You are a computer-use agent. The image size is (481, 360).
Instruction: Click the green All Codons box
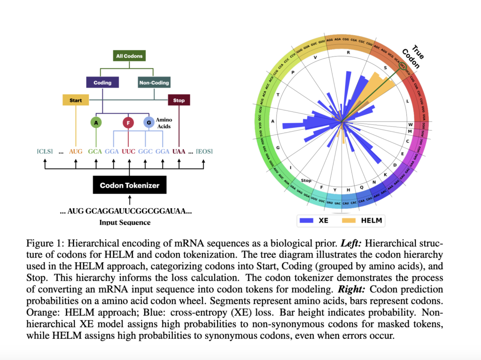(x=129, y=56)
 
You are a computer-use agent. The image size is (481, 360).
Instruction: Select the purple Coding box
(x=102, y=82)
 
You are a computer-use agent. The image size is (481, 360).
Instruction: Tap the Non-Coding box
(x=154, y=82)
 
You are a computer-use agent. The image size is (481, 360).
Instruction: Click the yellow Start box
(x=76, y=100)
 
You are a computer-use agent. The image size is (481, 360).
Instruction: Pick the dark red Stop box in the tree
(x=179, y=100)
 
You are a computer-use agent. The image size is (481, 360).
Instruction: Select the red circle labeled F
(x=128, y=123)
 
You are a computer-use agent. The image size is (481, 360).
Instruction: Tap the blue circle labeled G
(x=149, y=123)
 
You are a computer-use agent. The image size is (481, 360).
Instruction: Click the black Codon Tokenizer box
(x=129, y=185)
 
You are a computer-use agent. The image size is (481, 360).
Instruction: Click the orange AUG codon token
(x=76, y=151)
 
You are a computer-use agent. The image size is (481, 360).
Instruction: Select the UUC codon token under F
(x=129, y=151)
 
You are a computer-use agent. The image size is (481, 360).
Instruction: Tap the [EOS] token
(x=204, y=151)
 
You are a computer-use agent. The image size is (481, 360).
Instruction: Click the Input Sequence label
(x=125, y=222)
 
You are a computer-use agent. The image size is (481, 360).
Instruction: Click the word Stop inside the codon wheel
(x=306, y=180)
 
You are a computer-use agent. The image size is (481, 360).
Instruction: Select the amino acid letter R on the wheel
(x=348, y=53)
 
